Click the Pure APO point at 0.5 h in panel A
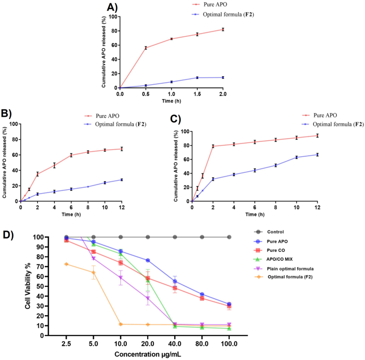[x=145, y=48]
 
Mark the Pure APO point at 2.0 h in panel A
[x=223, y=29]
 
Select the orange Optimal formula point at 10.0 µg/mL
[x=121, y=324]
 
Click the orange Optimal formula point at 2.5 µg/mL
[x=66, y=264]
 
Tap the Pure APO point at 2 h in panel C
[x=213, y=146]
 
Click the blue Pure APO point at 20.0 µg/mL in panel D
[x=148, y=260]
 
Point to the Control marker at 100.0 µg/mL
[x=229, y=237]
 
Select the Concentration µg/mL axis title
[x=148, y=354]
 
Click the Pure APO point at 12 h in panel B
[x=121, y=149]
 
